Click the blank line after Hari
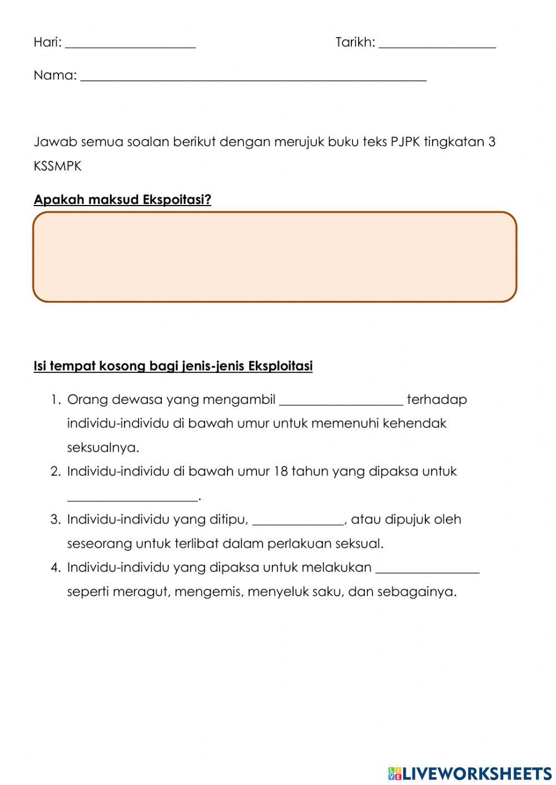point(130,44)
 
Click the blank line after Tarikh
point(437,44)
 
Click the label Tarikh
point(355,42)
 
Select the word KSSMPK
point(57,166)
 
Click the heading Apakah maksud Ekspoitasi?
point(122,199)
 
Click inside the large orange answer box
point(275,257)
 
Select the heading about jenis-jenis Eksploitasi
point(173,366)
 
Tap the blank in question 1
point(341,401)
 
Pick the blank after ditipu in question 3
point(299,521)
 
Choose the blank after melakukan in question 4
point(427,569)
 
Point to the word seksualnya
point(103,448)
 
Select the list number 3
point(55,520)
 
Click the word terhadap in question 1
point(437,399)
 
